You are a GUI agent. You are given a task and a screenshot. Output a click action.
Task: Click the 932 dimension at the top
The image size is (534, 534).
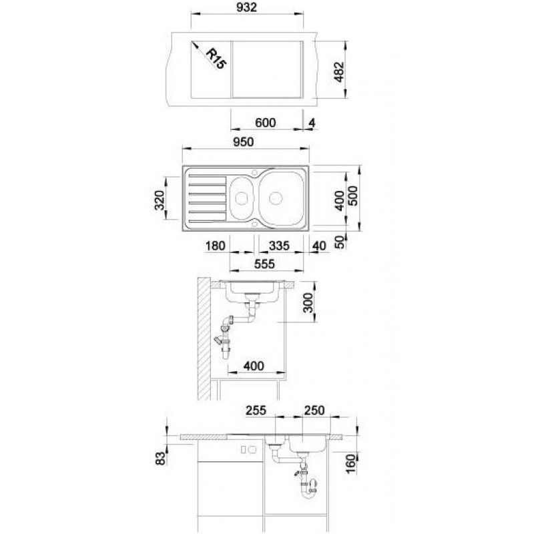tap(246, 7)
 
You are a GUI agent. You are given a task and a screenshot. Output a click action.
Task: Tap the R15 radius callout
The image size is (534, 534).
tap(216, 59)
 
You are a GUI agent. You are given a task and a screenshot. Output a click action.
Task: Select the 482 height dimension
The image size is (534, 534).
tap(339, 72)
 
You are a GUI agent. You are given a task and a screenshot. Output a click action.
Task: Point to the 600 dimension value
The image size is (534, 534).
tap(265, 123)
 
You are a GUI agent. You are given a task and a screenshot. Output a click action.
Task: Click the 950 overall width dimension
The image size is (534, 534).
tap(244, 142)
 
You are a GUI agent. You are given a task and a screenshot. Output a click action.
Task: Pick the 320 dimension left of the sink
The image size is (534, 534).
tap(160, 200)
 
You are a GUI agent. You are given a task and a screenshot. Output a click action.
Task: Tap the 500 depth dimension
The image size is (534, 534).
tap(352, 196)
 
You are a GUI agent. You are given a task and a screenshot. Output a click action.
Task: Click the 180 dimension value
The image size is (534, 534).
tap(215, 246)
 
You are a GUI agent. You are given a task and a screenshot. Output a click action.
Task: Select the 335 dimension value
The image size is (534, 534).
tap(279, 246)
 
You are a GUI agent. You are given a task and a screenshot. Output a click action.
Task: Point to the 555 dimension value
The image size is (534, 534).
tap(264, 264)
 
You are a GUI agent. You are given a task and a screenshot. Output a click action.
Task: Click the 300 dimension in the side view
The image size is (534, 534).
tap(308, 302)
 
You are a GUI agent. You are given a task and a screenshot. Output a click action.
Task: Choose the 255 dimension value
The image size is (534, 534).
tap(256, 411)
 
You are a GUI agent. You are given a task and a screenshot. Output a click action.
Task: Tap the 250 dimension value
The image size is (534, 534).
tap(314, 411)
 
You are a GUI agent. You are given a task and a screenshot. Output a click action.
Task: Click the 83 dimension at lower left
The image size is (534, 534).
tap(160, 459)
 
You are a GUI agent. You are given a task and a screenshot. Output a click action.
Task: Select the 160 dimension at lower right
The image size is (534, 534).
tap(350, 463)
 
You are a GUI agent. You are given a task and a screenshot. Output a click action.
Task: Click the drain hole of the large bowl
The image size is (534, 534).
tap(276, 198)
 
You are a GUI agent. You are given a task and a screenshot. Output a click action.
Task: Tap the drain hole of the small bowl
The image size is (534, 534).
tap(241, 198)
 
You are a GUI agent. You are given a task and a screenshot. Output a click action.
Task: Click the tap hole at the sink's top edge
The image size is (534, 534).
tap(255, 172)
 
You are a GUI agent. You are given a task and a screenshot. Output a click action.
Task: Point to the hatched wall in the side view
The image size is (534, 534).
tap(204, 338)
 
